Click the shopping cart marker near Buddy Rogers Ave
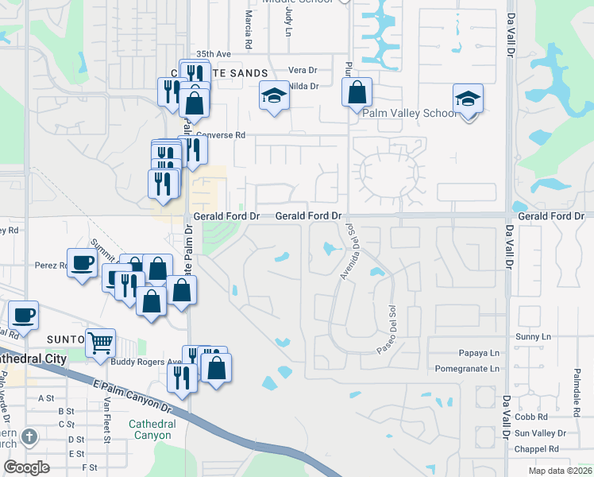pyautogui.click(x=101, y=343)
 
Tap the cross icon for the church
pyautogui.click(x=29, y=436)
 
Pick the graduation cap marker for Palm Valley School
pyautogui.click(x=468, y=99)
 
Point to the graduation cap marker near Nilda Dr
pyautogui.click(x=274, y=96)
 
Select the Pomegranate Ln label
pyautogui.click(x=468, y=369)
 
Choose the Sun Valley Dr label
pyautogui.click(x=540, y=433)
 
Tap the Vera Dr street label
pyautogui.click(x=303, y=70)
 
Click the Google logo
pyautogui.click(x=26, y=467)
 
